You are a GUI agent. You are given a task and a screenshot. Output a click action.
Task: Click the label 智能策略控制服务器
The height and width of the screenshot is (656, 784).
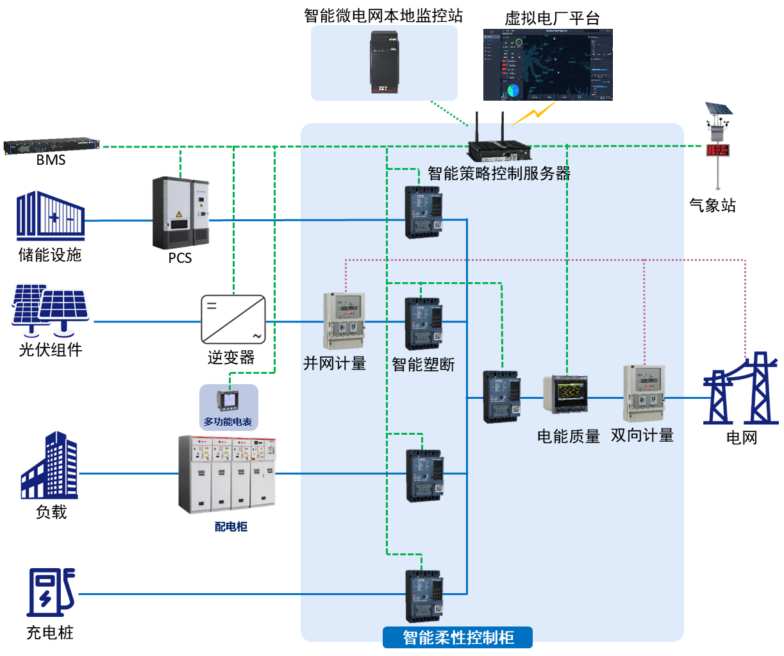(499, 173)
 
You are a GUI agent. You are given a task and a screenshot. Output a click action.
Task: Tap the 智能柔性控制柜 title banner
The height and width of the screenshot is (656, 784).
(458, 637)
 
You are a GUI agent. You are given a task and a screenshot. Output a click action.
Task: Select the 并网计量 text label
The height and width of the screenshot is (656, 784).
(334, 364)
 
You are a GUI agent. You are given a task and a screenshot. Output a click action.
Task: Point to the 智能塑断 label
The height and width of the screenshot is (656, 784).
(423, 364)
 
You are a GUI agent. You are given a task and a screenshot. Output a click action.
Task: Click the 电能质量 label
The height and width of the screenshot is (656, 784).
(568, 436)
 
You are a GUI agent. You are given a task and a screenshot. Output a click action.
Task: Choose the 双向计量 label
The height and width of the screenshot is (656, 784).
(642, 435)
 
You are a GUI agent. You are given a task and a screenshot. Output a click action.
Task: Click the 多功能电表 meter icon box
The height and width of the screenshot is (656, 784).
(228, 407)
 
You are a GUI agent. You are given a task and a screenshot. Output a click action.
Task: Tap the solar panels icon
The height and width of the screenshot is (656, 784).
(51, 310)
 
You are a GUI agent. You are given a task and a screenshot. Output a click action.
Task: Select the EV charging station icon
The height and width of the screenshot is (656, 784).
(51, 592)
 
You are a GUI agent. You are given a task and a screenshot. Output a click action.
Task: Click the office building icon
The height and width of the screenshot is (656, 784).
(50, 466)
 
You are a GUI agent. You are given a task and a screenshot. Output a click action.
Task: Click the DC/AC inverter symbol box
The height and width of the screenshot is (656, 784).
(233, 319)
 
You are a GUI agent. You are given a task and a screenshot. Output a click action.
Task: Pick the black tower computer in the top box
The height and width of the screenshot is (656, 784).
(384, 62)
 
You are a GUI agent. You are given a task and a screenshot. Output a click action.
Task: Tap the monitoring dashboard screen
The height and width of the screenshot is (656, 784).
(547, 64)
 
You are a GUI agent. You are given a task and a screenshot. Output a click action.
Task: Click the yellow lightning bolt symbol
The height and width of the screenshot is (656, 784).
(533, 114)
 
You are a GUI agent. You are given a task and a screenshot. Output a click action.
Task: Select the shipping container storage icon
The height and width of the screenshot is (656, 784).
(51, 215)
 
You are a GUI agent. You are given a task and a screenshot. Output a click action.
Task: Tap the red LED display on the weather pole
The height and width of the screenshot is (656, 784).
(717, 151)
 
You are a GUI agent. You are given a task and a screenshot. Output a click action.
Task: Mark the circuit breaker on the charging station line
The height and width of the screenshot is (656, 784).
(424, 596)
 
